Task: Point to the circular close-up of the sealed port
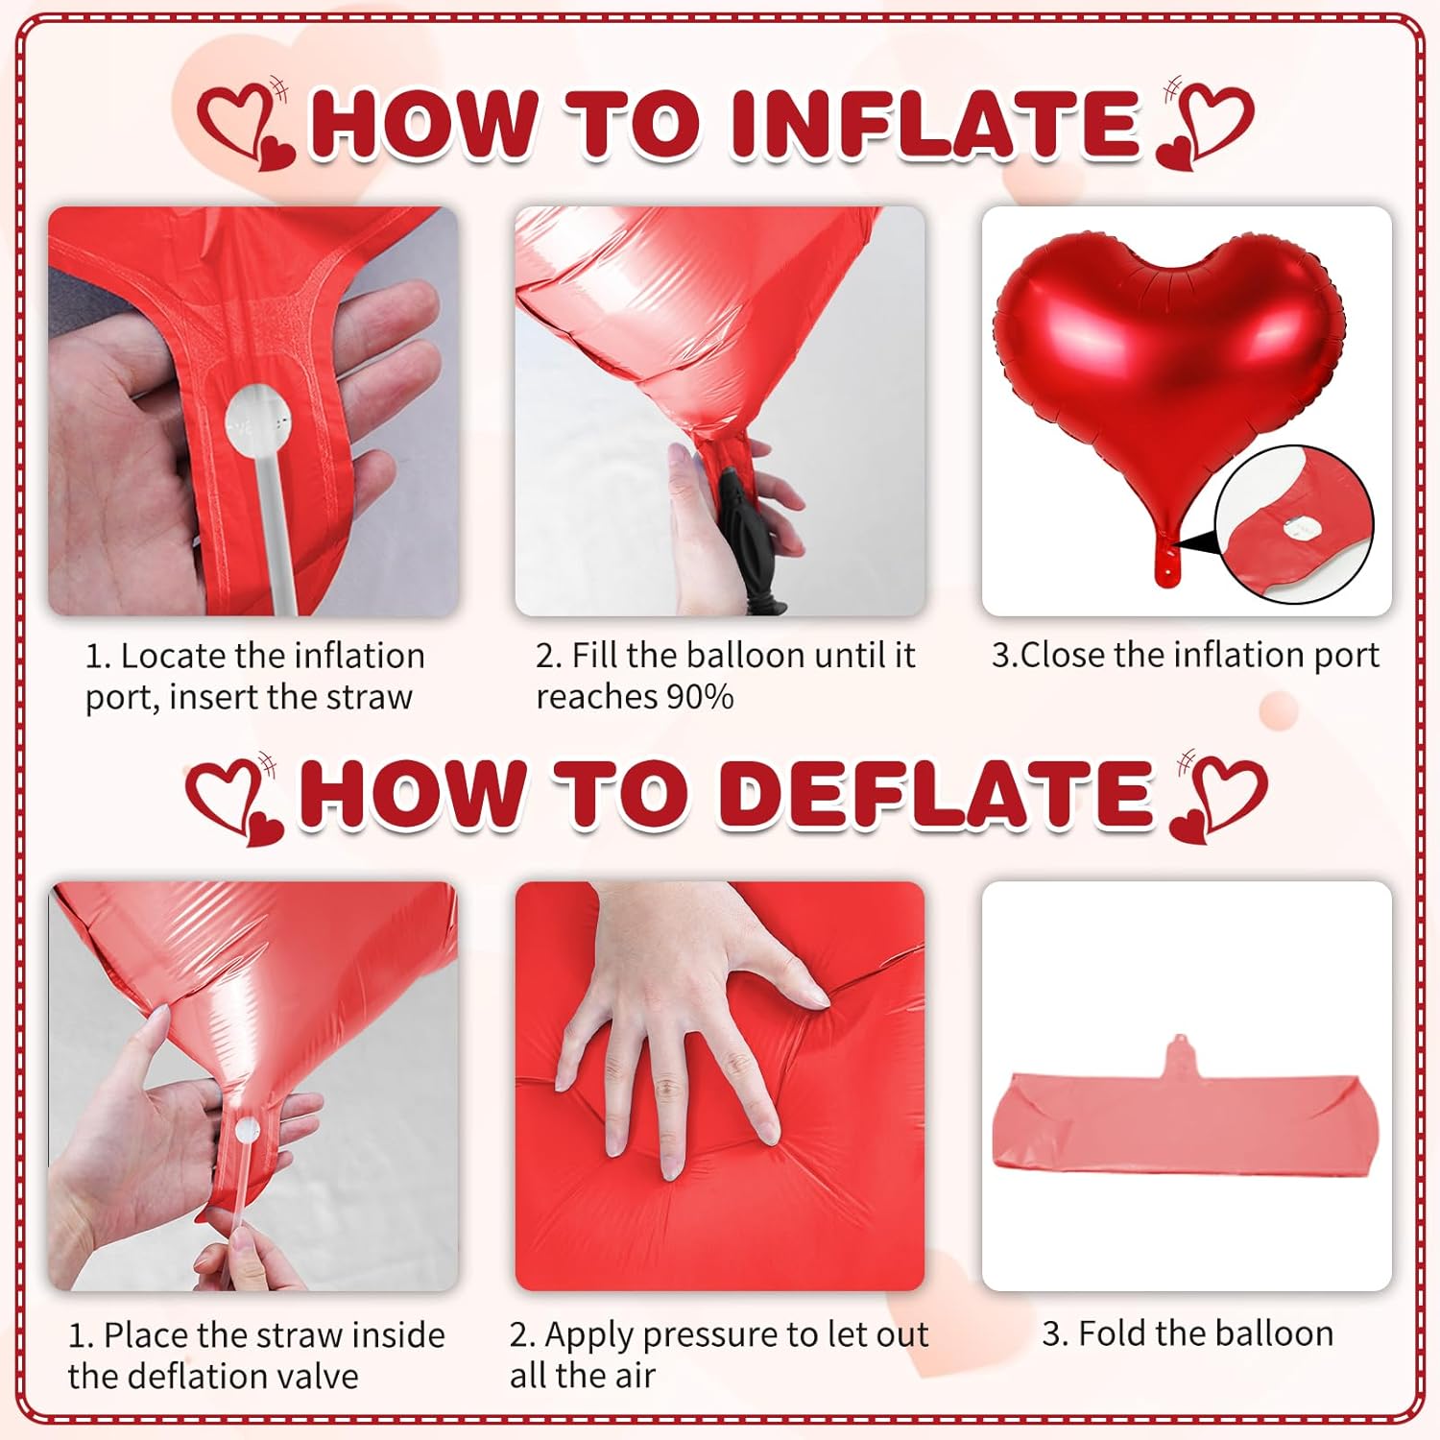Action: click(1294, 524)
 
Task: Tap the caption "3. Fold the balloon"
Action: click(1188, 1333)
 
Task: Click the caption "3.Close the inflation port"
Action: click(1186, 655)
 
